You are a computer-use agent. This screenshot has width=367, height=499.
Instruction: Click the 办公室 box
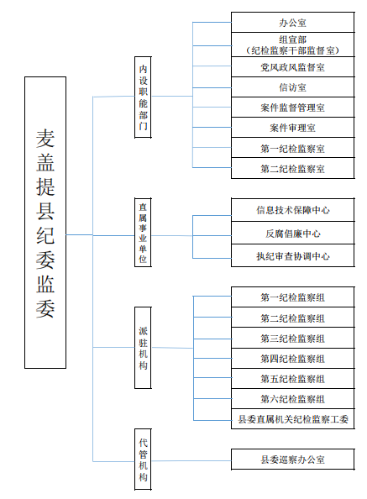pyautogui.click(x=292, y=23)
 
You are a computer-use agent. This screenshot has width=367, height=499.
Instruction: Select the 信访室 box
pyautogui.click(x=292, y=87)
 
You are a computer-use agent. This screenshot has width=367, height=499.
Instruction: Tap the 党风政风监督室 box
pyautogui.click(x=292, y=67)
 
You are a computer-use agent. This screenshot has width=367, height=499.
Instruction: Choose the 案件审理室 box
pyautogui.click(x=292, y=128)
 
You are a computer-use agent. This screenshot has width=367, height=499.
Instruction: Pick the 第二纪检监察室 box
pyautogui.click(x=292, y=168)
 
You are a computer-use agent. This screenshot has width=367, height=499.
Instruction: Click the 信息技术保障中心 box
pyautogui.click(x=292, y=210)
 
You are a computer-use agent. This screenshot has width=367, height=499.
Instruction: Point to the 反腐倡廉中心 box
pyautogui.click(x=292, y=233)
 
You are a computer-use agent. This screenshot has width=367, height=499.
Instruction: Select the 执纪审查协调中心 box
pyautogui.click(x=292, y=255)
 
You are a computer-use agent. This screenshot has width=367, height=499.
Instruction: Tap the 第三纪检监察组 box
pyautogui.click(x=292, y=338)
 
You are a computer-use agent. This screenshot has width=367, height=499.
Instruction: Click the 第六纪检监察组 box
pyautogui.click(x=292, y=399)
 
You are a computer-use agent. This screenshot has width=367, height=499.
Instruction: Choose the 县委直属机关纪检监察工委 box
pyautogui.click(x=292, y=419)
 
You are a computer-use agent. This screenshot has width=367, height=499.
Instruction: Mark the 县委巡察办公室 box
pyautogui.click(x=292, y=460)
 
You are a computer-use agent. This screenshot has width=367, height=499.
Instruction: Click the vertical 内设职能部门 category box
pyautogui.click(x=143, y=97)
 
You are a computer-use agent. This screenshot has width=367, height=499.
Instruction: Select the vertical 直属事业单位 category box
pyautogui.click(x=143, y=233)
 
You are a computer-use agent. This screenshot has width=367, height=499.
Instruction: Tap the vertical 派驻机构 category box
pyautogui.click(x=143, y=348)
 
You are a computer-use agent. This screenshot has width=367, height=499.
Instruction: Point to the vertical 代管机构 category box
pyautogui.click(x=143, y=460)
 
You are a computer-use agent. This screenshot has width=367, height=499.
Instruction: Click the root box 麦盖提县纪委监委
pyautogui.click(x=45, y=223)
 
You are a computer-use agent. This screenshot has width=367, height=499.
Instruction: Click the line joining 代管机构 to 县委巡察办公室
pyautogui.click(x=191, y=460)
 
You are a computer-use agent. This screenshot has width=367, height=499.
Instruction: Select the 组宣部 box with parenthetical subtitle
pyautogui.click(x=292, y=45)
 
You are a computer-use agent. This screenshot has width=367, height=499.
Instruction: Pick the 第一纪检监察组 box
pyautogui.click(x=292, y=297)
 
